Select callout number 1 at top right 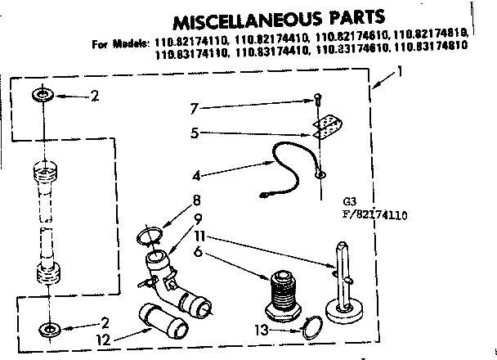tap(400, 73)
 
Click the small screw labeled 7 tap(317, 100)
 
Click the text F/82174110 tap(375, 216)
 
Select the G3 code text tap(351, 201)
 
